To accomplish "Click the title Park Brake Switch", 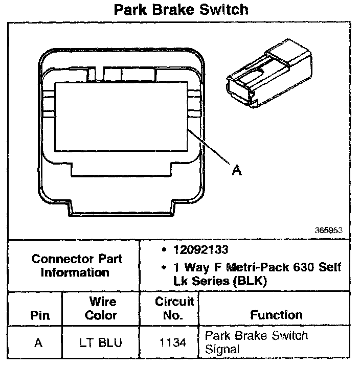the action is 181,10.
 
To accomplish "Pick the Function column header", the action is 276,315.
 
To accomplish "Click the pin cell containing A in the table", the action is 38,342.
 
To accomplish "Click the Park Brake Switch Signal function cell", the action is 256,342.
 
